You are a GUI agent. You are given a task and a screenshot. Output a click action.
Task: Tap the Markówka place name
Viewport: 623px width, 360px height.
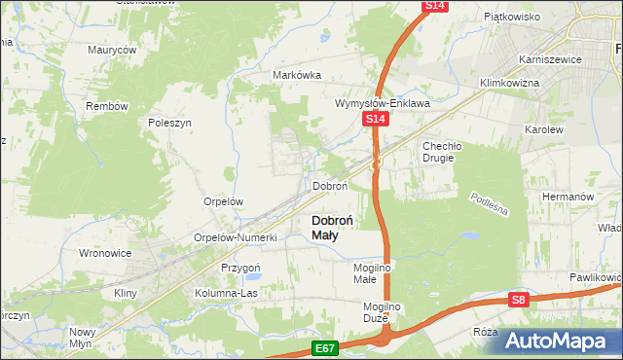click(297, 76)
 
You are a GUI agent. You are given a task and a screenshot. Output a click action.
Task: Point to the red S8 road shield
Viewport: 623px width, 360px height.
click(519, 301)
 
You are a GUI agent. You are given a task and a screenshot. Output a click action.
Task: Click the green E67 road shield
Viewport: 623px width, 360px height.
click(325, 347)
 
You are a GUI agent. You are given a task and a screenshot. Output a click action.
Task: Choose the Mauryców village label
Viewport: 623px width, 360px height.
click(111, 50)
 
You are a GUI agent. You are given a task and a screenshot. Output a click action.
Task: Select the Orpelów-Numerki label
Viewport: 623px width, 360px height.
click(237, 237)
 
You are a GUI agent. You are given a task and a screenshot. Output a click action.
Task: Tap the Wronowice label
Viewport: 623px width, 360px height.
click(104, 253)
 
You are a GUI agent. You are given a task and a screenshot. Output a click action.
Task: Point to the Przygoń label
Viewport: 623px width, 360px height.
click(240, 268)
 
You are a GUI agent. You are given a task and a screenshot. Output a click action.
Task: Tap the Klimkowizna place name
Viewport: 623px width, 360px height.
click(507, 84)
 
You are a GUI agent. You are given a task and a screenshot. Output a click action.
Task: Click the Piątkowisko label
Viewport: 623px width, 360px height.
click(512, 17)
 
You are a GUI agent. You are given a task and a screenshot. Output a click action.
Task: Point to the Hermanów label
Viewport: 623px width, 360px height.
click(568, 196)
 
